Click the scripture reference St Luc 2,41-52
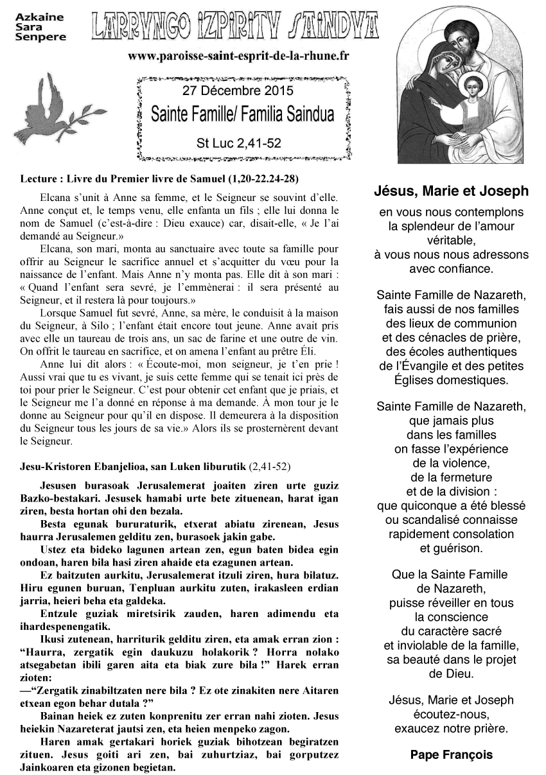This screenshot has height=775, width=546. pos(238,143)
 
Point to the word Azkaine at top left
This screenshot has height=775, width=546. pos(35,17)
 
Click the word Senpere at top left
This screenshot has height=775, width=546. pos(40,37)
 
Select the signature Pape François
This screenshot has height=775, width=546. pos(451,754)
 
